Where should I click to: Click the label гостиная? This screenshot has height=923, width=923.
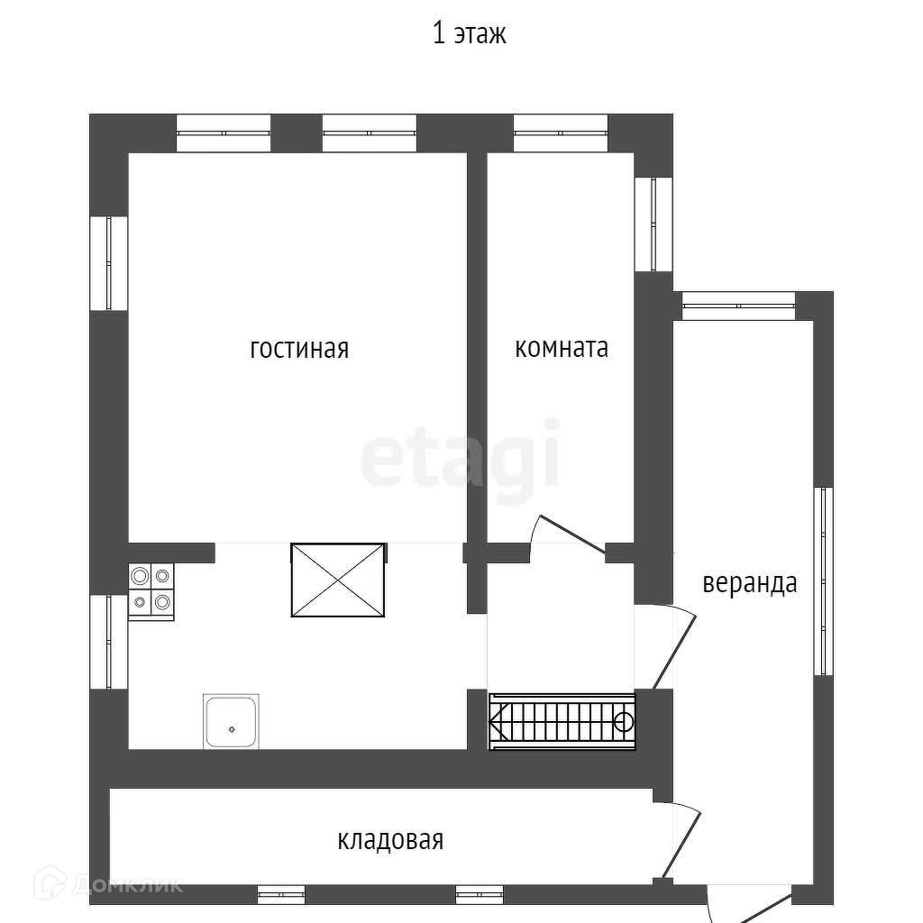pyautogui.click(x=299, y=349)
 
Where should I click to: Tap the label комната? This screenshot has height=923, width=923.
pyautogui.click(x=562, y=348)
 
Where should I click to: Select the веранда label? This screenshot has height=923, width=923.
pyautogui.click(x=750, y=582)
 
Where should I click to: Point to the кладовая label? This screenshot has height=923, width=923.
pyautogui.click(x=390, y=840)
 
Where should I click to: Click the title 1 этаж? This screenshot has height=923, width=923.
pyautogui.click(x=470, y=34)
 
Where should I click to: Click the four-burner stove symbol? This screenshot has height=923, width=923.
pyautogui.click(x=151, y=590)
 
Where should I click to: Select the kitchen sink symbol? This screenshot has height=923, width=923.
pyautogui.click(x=232, y=721)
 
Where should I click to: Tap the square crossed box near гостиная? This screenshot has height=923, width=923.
pyautogui.click(x=338, y=580)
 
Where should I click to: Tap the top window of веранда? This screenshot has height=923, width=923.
pyautogui.click(x=738, y=306)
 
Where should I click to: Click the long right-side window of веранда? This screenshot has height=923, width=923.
pyautogui.click(x=822, y=581)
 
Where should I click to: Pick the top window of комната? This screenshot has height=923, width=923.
pyautogui.click(x=561, y=133)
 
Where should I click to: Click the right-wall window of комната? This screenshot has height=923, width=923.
pyautogui.click(x=653, y=224)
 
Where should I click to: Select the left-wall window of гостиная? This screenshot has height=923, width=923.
pyautogui.click(x=109, y=263)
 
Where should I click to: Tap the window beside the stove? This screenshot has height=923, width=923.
pyautogui.click(x=109, y=641)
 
